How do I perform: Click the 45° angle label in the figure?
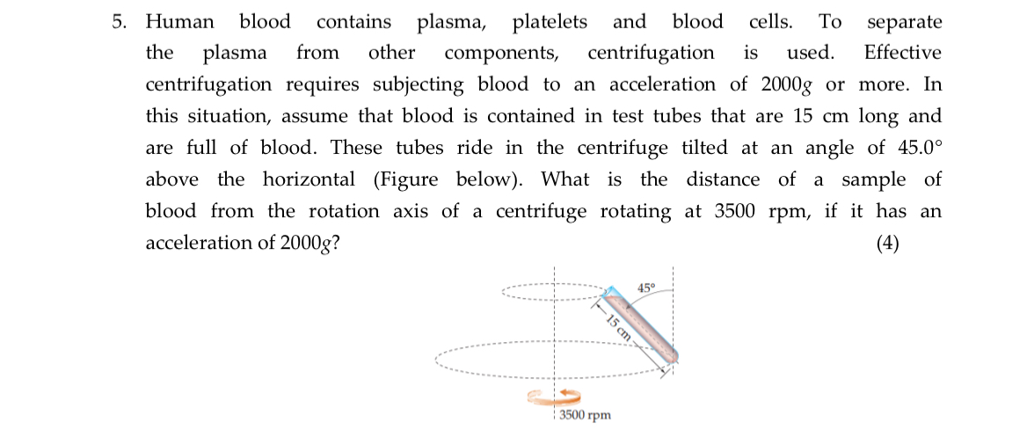[x=646, y=288]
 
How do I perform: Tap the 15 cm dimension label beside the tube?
[x=618, y=325]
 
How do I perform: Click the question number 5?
[x=118, y=22]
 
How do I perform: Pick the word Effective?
[x=902, y=53]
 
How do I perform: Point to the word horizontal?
[x=309, y=179]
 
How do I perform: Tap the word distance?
[x=723, y=179]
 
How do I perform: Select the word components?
[x=501, y=53]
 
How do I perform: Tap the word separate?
[x=904, y=22]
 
